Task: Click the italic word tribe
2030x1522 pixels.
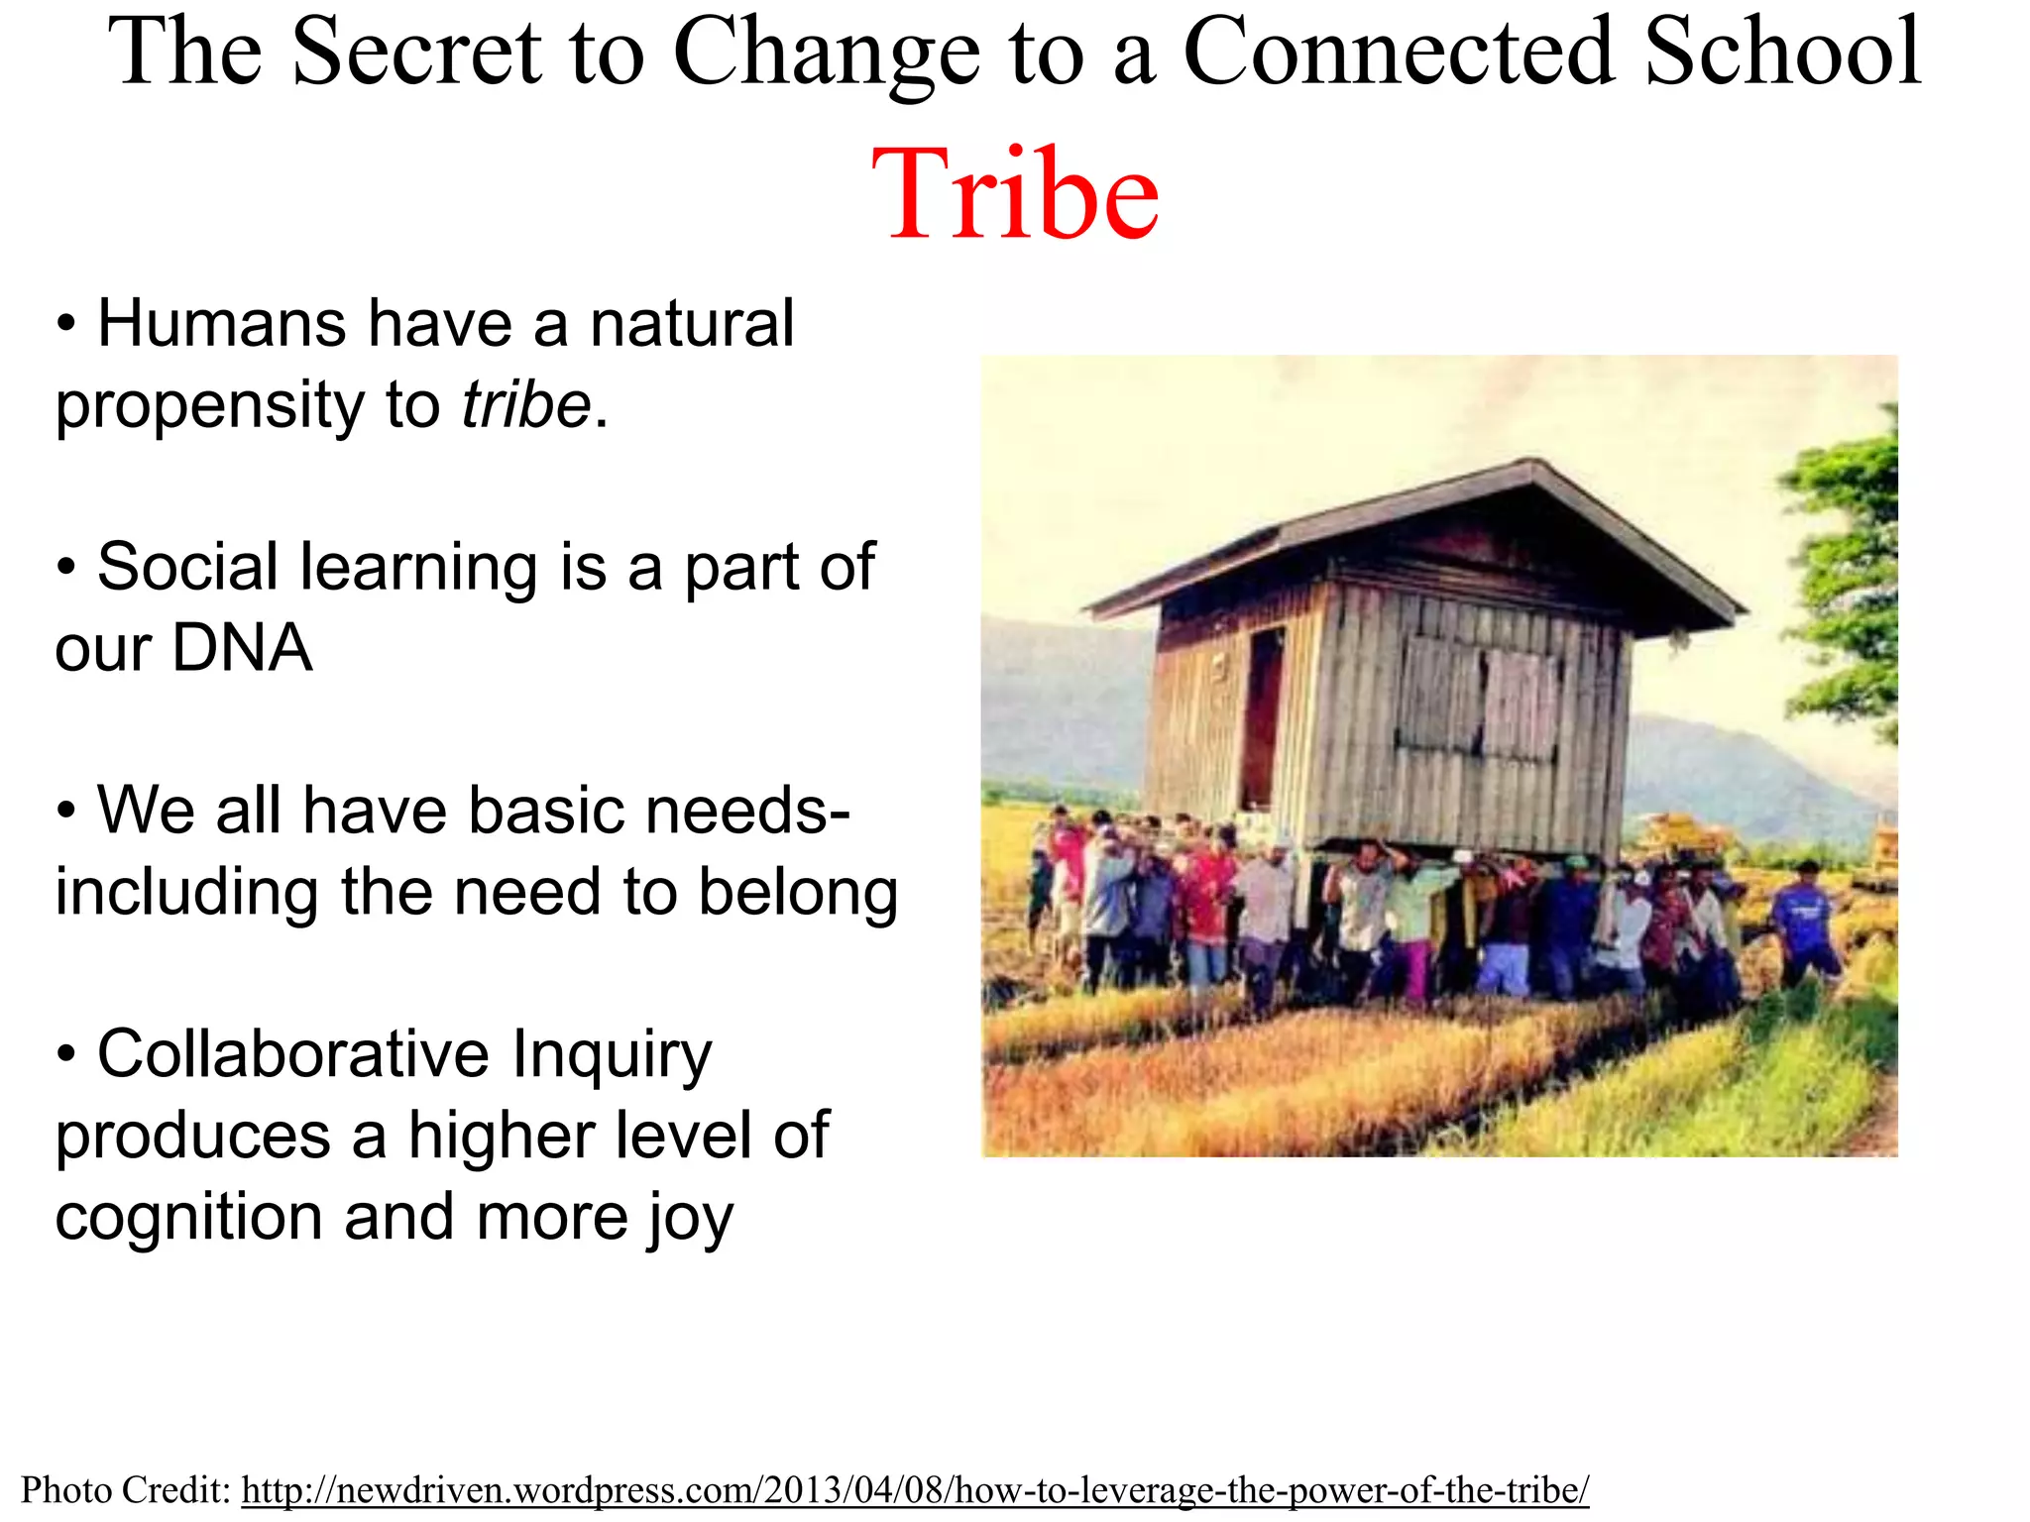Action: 525,405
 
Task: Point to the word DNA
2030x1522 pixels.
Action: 242,648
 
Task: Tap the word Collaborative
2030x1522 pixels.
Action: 293,1053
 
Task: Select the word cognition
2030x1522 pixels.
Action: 188,1217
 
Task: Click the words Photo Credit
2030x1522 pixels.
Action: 125,1489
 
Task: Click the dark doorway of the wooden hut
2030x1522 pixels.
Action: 1261,718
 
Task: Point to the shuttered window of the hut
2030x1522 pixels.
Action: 1477,699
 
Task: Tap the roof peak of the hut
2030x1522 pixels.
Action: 1532,466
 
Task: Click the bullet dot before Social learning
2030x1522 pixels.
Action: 66,568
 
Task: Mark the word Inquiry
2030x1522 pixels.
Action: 612,1053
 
